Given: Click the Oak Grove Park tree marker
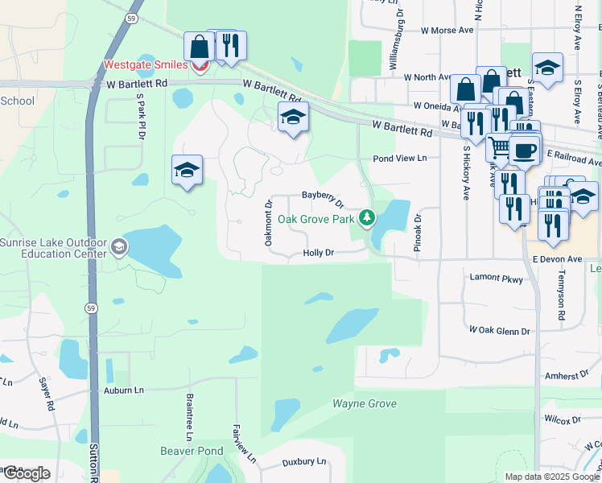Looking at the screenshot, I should point(367,217).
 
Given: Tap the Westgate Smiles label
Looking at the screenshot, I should point(146,64).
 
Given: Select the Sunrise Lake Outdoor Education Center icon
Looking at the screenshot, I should point(119,246).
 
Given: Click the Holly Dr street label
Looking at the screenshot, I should point(318,253).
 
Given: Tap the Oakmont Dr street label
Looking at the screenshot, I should point(269,223).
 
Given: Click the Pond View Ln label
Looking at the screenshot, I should point(399,159).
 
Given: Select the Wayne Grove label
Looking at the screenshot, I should point(365,403).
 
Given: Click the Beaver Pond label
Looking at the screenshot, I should point(191,451).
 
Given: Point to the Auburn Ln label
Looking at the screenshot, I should point(123,390).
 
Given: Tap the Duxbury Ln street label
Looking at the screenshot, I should point(304,462).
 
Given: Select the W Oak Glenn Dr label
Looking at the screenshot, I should point(500,331).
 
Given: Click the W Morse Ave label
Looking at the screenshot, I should point(447,31).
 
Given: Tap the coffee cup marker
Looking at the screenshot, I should point(524,151).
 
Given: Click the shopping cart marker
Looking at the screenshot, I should point(501,147).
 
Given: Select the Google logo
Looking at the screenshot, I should point(27,473).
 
